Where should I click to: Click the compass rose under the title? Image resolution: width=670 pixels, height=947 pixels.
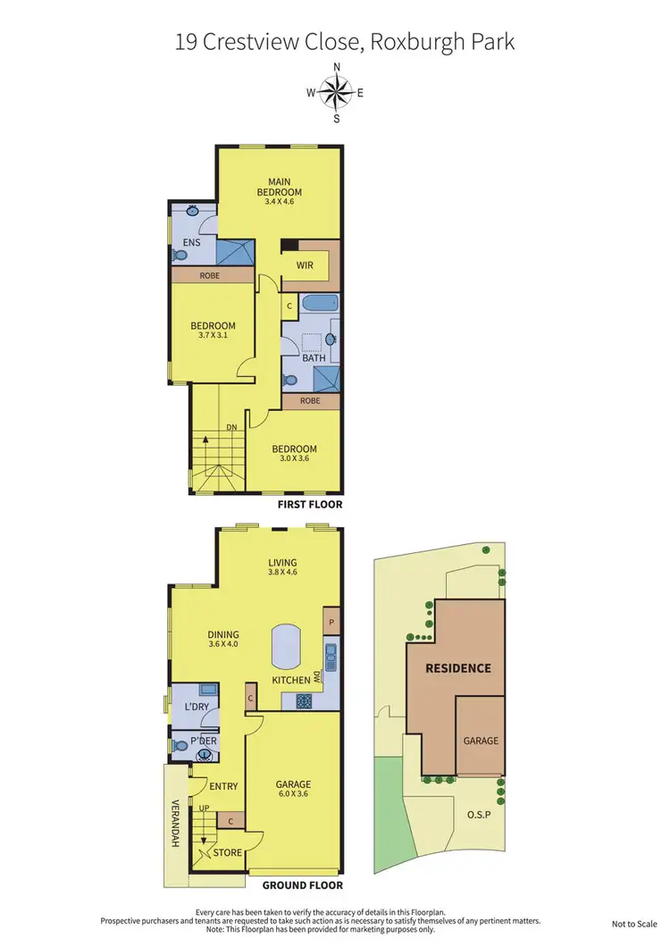336,93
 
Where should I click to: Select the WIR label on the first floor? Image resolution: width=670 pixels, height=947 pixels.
304,265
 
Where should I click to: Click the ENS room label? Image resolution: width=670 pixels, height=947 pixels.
191,242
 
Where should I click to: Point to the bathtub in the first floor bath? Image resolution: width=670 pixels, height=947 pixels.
319,304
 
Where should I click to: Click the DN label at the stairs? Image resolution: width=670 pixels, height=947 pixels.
230,427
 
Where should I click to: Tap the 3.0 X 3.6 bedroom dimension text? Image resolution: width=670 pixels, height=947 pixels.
295,459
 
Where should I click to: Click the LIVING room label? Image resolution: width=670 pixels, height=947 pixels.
282,563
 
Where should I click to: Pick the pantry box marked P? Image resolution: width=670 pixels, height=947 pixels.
331,622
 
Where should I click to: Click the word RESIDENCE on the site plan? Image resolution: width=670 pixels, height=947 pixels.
457,667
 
